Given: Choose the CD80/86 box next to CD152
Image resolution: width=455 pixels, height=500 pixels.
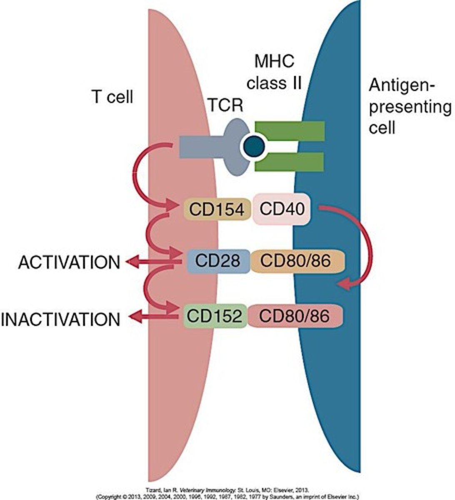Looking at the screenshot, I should point(295,316).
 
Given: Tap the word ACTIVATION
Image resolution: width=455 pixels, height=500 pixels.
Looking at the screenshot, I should point(69,262).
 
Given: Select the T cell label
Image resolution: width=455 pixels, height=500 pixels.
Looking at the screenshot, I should point(112,97).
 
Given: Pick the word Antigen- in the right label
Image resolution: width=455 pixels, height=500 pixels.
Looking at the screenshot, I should point(402,87).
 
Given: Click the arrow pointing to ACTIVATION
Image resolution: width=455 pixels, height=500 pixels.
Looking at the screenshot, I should point(150,262).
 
